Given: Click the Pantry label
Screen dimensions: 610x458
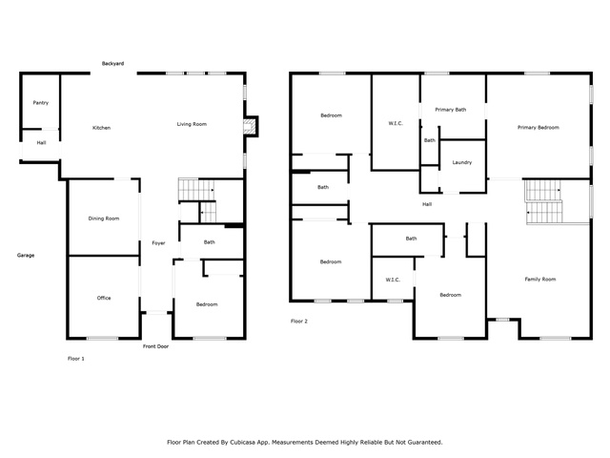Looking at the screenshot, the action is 41,103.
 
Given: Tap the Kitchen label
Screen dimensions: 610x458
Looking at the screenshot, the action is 102,128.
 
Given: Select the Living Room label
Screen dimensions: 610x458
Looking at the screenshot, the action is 192,124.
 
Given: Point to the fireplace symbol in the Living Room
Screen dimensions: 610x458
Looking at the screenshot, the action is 250,126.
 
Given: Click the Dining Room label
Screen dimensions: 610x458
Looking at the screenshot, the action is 104,219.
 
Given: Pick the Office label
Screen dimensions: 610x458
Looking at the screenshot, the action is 104,298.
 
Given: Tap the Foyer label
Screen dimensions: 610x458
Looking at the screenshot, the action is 159,243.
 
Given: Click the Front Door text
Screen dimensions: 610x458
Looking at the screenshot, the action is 155,346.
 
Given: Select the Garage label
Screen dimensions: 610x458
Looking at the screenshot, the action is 26,256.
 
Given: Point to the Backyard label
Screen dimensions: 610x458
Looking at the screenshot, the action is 112,64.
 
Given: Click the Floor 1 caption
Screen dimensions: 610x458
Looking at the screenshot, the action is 76,359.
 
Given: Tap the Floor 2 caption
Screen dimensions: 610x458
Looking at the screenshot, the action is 299,322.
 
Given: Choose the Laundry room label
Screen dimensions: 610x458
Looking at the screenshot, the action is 462,162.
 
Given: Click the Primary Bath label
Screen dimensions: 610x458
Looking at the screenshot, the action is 451,110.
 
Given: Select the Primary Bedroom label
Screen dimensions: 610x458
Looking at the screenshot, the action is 539,127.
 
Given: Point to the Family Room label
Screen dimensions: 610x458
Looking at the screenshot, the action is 540,280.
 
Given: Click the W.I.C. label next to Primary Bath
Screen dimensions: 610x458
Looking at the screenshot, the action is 396,123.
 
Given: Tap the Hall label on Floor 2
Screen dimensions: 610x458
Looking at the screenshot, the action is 427,204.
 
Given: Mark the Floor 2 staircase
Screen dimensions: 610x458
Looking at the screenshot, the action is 543,201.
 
